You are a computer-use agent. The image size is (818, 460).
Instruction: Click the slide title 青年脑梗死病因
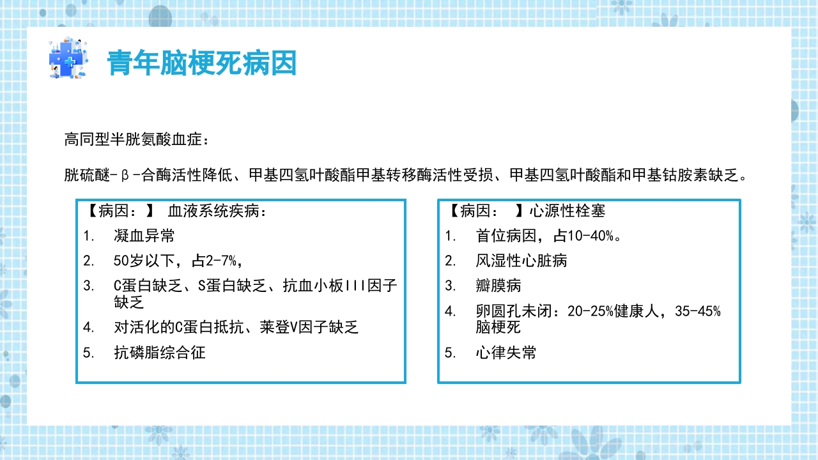(202, 63)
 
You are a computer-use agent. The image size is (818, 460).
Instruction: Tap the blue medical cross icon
(66, 58)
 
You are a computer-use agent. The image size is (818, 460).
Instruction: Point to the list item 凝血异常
(144, 236)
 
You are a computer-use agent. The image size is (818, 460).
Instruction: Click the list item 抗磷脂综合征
(160, 352)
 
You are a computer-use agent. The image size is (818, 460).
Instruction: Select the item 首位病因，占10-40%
(548, 236)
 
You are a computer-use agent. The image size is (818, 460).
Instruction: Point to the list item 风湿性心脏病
(521, 261)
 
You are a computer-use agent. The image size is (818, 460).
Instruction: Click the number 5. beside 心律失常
(451, 352)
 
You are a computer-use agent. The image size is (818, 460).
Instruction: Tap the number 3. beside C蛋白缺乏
(89, 286)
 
